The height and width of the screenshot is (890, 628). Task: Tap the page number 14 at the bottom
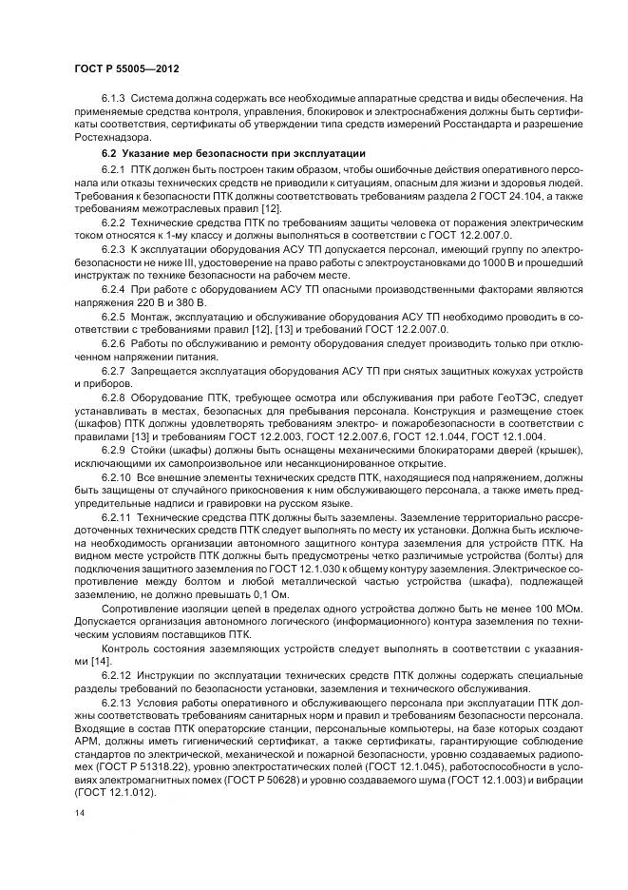pyautogui.click(x=79, y=813)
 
